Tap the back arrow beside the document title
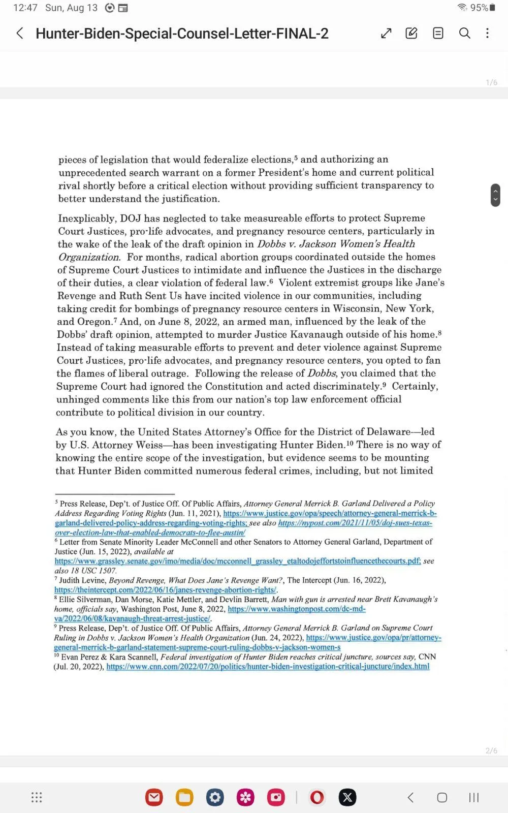point(20,34)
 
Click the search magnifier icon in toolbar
point(464,34)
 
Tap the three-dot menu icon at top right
point(487,34)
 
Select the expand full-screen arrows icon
point(386,34)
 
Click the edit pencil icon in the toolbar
point(411,34)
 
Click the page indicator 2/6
point(491,751)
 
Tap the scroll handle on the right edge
point(495,195)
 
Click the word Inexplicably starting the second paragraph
point(86,218)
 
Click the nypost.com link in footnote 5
point(355,523)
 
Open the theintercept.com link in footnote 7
point(165,590)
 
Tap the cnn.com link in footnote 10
point(268,667)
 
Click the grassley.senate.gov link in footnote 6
point(237,561)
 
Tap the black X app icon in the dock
point(347,797)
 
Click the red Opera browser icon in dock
point(317,797)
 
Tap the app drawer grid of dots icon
point(37,797)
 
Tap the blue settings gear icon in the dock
point(215,797)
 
